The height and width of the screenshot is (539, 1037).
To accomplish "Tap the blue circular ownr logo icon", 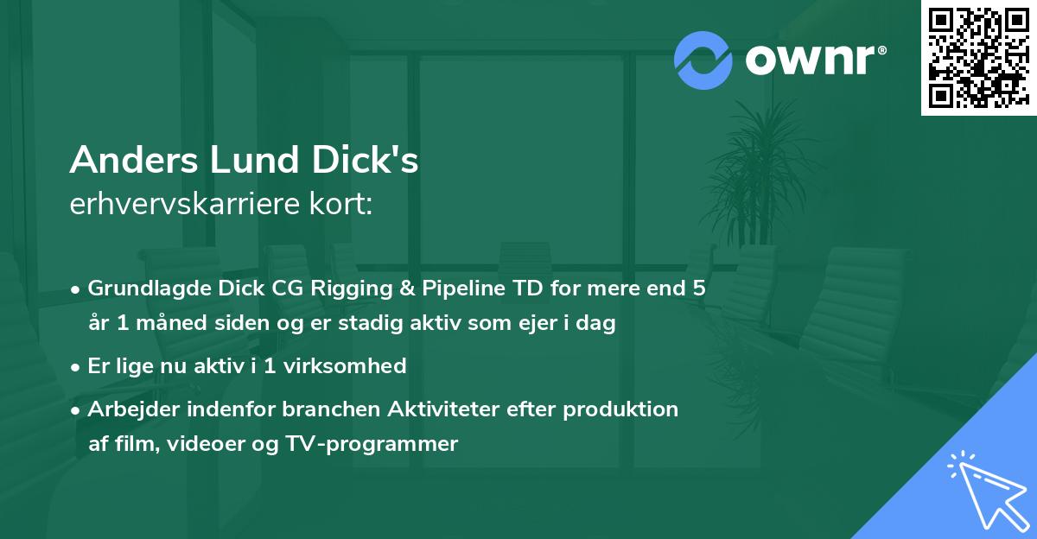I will tap(703, 60).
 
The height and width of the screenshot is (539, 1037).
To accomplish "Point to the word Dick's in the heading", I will tap(366, 161).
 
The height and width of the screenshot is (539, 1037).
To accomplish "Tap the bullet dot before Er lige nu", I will tap(77, 367).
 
